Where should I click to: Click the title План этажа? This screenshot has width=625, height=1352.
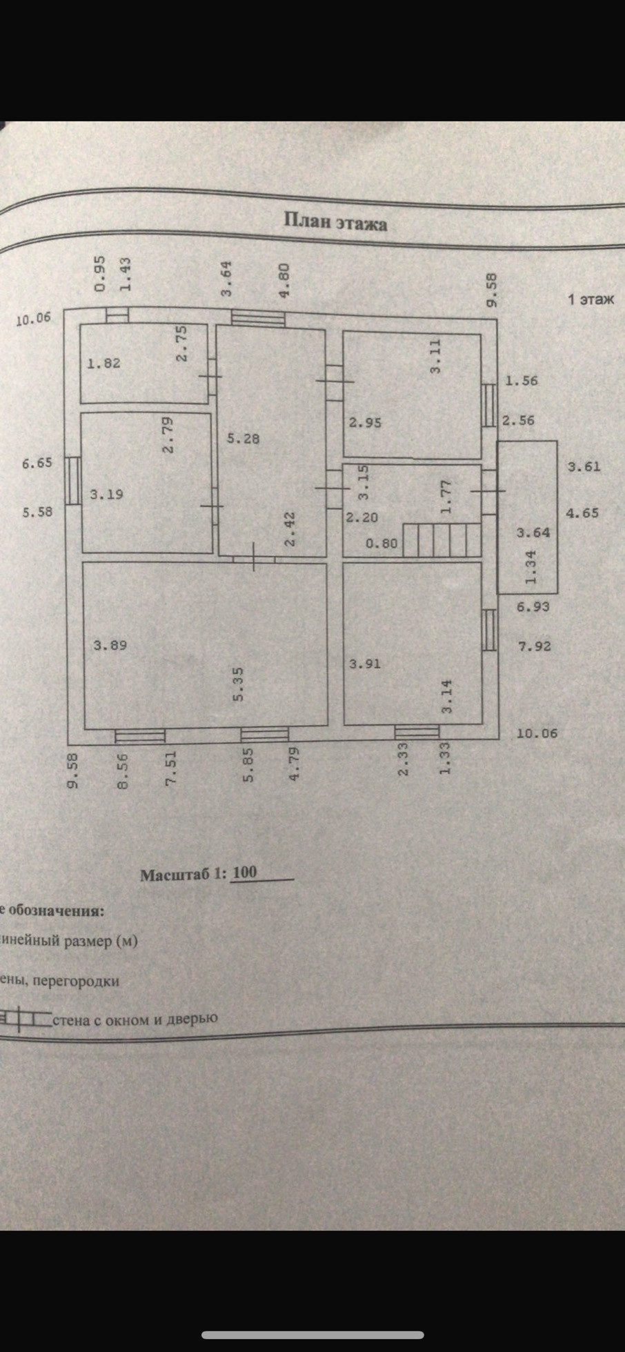pyautogui.click(x=335, y=223)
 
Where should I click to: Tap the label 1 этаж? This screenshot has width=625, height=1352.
pyautogui.click(x=591, y=299)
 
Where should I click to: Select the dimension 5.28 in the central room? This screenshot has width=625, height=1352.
pyautogui.click(x=243, y=437)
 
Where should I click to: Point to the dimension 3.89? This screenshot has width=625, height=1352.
pyautogui.click(x=110, y=646)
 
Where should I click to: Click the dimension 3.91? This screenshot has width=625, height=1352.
pyautogui.click(x=365, y=664)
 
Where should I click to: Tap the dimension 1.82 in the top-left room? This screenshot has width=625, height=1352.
pyautogui.click(x=103, y=364)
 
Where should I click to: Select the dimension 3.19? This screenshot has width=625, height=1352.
pyautogui.click(x=107, y=494)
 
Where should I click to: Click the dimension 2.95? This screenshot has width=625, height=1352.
pyautogui.click(x=365, y=422)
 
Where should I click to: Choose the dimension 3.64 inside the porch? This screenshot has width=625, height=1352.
pyautogui.click(x=534, y=532)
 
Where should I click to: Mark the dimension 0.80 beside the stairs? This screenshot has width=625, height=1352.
pyautogui.click(x=381, y=543)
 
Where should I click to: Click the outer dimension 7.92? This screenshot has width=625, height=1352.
pyautogui.click(x=535, y=646)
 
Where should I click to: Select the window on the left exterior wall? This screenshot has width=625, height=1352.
pyautogui.click(x=73, y=479)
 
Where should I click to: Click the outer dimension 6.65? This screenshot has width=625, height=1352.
pyautogui.click(x=37, y=463)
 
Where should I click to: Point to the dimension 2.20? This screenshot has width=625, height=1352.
pyautogui.click(x=361, y=517)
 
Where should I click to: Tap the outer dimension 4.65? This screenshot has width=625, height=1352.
pyautogui.click(x=582, y=513)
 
